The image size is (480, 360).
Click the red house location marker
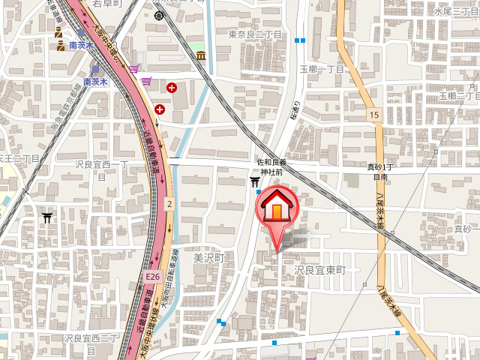click(x=277, y=209)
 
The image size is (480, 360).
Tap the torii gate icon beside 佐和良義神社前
click(x=255, y=180)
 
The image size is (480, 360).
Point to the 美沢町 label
click(x=209, y=257)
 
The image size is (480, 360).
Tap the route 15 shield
click(x=373, y=114)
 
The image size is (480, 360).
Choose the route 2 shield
click(x=170, y=203)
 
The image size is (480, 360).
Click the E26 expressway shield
click(x=152, y=277)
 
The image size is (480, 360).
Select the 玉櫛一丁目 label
click(x=321, y=69)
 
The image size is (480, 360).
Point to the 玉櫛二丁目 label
click(x=457, y=96)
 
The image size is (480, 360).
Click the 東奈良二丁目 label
click(x=255, y=35)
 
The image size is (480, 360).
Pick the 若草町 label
click(x=107, y=4)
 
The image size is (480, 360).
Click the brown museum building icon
click(x=201, y=55)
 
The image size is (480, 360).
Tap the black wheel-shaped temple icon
click(x=159, y=15)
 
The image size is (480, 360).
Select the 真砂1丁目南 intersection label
click(x=382, y=172)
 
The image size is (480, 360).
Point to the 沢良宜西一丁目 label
click(x=103, y=169)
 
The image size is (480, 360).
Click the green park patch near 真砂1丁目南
click(x=352, y=181)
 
